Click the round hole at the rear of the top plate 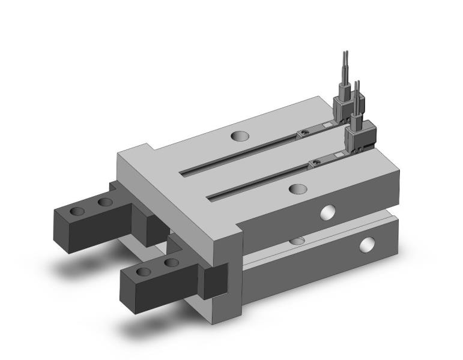pyautogui.click(x=238, y=136)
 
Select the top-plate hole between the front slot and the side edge pyautogui.click(x=297, y=189)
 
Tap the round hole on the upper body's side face pyautogui.click(x=327, y=211)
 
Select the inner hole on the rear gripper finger pyautogui.click(x=105, y=202)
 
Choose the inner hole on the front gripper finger pyautogui.click(x=171, y=262)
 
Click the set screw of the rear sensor pyautogui.click(x=305, y=133)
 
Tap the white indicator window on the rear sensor pyautogui.click(x=327, y=125)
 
